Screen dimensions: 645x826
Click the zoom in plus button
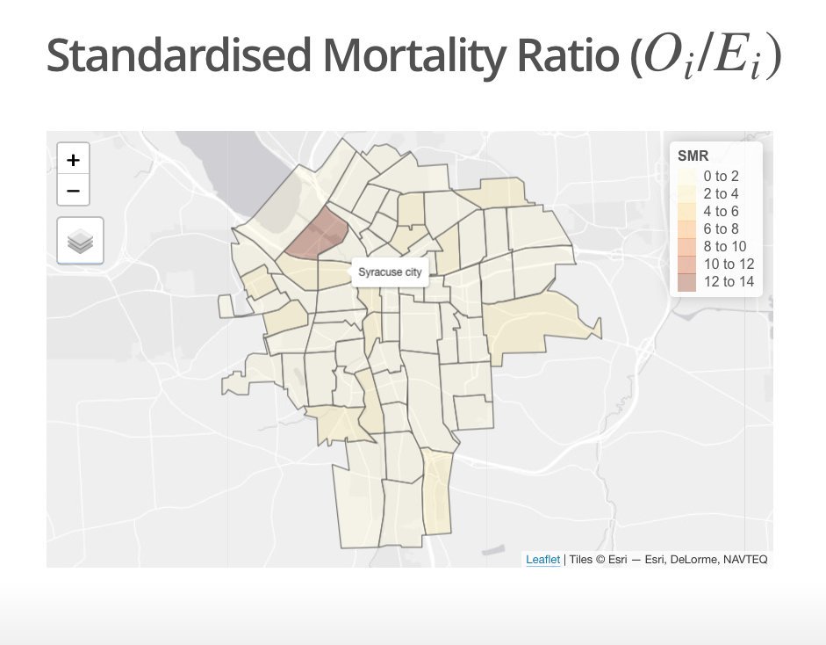[x=73, y=160]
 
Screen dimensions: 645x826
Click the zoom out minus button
[x=73, y=189]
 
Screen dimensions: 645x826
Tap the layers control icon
[x=80, y=240]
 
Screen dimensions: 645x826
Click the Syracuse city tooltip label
[x=390, y=272]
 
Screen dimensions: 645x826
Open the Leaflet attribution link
[x=542, y=559]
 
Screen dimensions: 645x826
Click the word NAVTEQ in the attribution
[x=744, y=559]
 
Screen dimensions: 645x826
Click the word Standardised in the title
[x=177, y=56]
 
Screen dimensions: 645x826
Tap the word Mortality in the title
[x=410, y=56]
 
